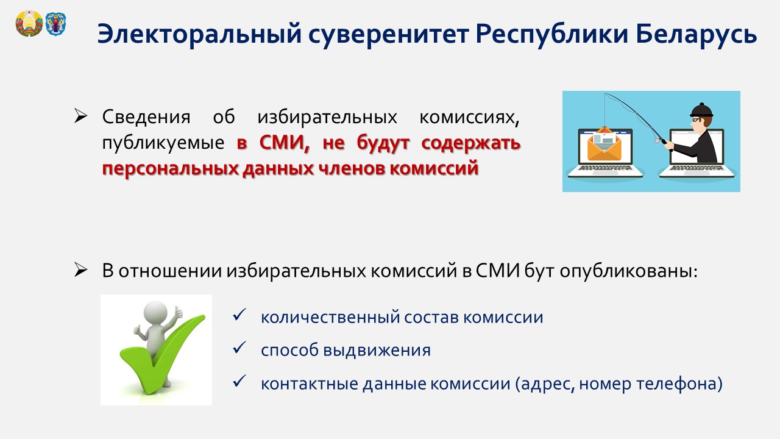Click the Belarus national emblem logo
(x=29, y=23)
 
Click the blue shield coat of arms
(x=55, y=24)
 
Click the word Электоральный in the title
(x=199, y=34)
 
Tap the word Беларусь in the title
(x=697, y=34)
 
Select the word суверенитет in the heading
(x=388, y=34)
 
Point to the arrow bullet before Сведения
(x=80, y=116)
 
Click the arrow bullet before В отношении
(x=80, y=270)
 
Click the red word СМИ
(x=284, y=143)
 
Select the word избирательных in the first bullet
(x=327, y=116)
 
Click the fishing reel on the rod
(x=658, y=141)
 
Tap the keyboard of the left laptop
(x=605, y=168)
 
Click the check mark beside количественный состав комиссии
(x=239, y=315)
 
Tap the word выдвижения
(x=377, y=350)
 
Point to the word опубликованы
(x=629, y=271)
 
